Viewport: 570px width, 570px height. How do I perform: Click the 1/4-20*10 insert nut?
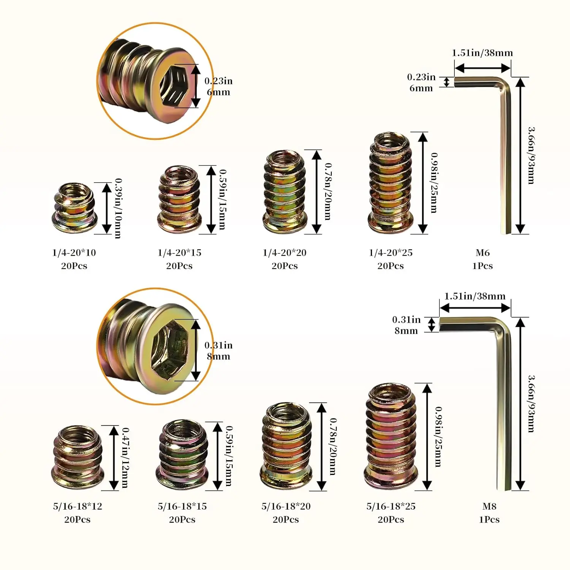(x=74, y=208)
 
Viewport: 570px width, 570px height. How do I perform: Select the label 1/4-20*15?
(x=179, y=253)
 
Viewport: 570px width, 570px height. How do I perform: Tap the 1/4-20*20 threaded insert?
(x=285, y=192)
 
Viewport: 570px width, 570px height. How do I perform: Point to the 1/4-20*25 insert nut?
(x=390, y=183)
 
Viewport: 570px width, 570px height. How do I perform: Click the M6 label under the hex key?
(x=483, y=253)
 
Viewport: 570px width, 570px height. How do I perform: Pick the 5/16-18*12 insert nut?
(x=77, y=458)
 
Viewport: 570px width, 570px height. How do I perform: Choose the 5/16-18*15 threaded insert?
(x=182, y=455)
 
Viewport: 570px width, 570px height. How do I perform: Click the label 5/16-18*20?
(x=286, y=506)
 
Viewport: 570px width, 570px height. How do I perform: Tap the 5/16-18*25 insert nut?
(x=391, y=437)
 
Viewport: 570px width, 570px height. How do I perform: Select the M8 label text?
(x=489, y=506)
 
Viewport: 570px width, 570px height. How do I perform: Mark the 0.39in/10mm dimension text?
(x=119, y=208)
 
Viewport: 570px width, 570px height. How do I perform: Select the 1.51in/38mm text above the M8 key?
(x=475, y=296)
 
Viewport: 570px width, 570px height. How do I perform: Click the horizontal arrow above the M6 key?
(x=482, y=68)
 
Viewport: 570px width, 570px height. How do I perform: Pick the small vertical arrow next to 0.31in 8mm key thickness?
(x=432, y=325)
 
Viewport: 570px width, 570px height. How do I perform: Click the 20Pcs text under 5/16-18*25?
(x=391, y=519)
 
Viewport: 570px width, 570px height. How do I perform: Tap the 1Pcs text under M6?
(x=483, y=266)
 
